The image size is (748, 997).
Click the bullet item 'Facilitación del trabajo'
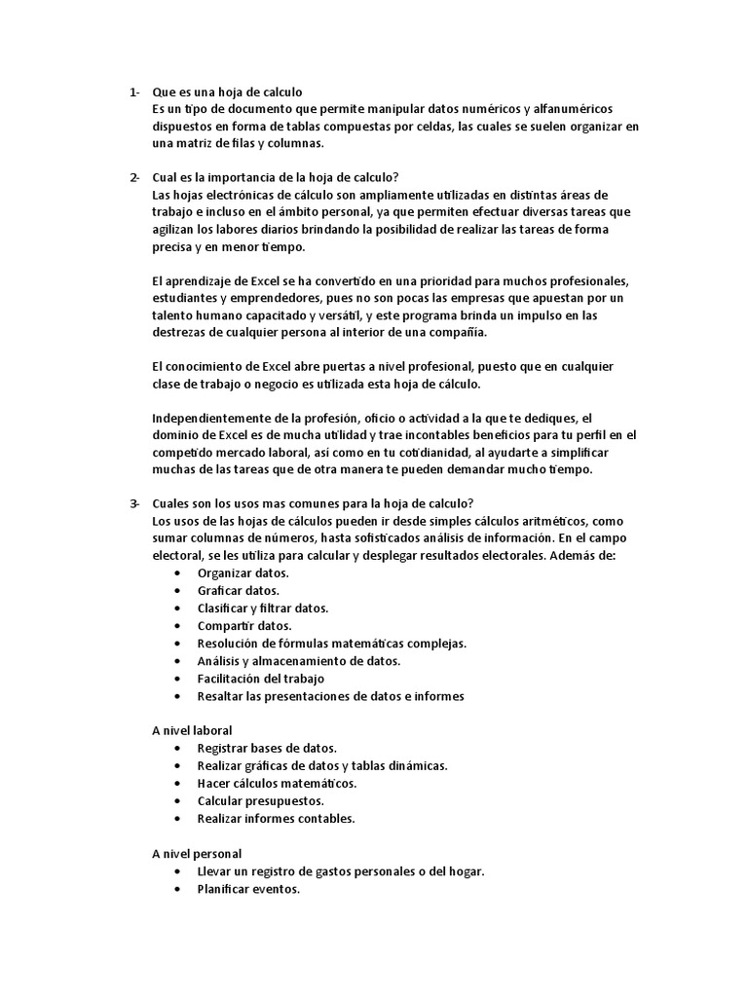click(260, 679)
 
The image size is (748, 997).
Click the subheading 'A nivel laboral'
click(192, 730)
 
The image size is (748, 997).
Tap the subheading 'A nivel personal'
click(196, 853)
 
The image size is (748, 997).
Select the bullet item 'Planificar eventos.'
click(248, 889)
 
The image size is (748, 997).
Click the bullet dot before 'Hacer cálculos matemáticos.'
click(175, 784)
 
